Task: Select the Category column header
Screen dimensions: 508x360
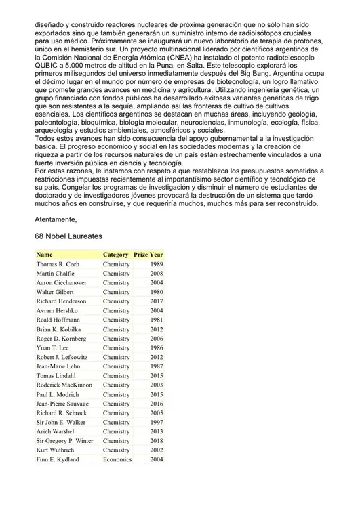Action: click(x=115, y=255)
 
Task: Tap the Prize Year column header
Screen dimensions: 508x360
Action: click(x=148, y=255)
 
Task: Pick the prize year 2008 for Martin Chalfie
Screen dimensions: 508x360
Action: click(x=156, y=274)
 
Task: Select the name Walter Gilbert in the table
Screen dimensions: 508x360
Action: click(x=56, y=292)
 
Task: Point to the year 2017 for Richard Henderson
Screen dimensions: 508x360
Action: click(x=156, y=301)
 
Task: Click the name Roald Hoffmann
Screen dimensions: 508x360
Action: click(x=58, y=320)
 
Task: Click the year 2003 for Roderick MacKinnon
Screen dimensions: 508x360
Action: click(x=156, y=385)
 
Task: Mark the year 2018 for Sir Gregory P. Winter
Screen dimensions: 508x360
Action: click(x=156, y=441)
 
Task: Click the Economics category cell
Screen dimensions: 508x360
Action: click(x=117, y=459)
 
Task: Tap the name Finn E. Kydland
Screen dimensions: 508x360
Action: click(x=58, y=459)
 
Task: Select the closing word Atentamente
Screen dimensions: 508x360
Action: click(x=56, y=219)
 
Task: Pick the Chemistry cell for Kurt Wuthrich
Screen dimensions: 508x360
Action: click(x=116, y=450)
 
